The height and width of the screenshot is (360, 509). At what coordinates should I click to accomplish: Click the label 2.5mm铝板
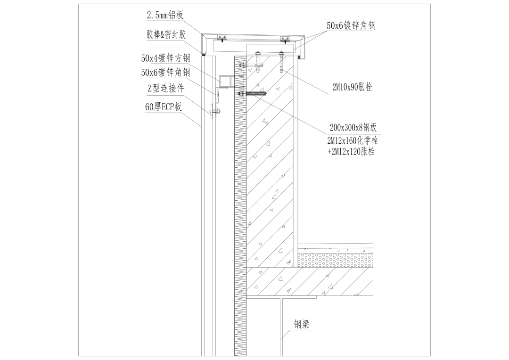(x=164, y=16)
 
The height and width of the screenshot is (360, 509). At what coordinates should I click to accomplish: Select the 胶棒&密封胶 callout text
(x=166, y=35)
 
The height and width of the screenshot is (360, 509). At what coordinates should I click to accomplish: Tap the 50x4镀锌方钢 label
(x=165, y=58)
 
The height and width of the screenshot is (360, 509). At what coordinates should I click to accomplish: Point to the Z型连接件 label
(x=165, y=89)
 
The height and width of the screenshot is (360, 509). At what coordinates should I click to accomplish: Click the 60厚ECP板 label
(x=163, y=107)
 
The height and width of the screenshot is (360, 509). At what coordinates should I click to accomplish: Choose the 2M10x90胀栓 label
(x=352, y=87)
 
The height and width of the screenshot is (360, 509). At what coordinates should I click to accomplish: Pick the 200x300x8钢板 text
(x=353, y=128)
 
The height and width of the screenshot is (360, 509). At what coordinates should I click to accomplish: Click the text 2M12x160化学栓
(x=353, y=140)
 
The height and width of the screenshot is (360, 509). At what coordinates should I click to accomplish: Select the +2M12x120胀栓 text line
(x=351, y=152)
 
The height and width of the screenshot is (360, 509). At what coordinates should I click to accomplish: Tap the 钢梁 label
(x=302, y=324)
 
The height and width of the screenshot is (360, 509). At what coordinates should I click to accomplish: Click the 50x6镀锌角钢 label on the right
(x=351, y=25)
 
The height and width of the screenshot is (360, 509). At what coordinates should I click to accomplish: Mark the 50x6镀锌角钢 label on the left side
(x=165, y=73)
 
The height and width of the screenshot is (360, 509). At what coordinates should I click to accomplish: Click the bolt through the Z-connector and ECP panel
(x=216, y=112)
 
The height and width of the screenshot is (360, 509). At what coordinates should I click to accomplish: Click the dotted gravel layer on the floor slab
(x=335, y=260)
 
